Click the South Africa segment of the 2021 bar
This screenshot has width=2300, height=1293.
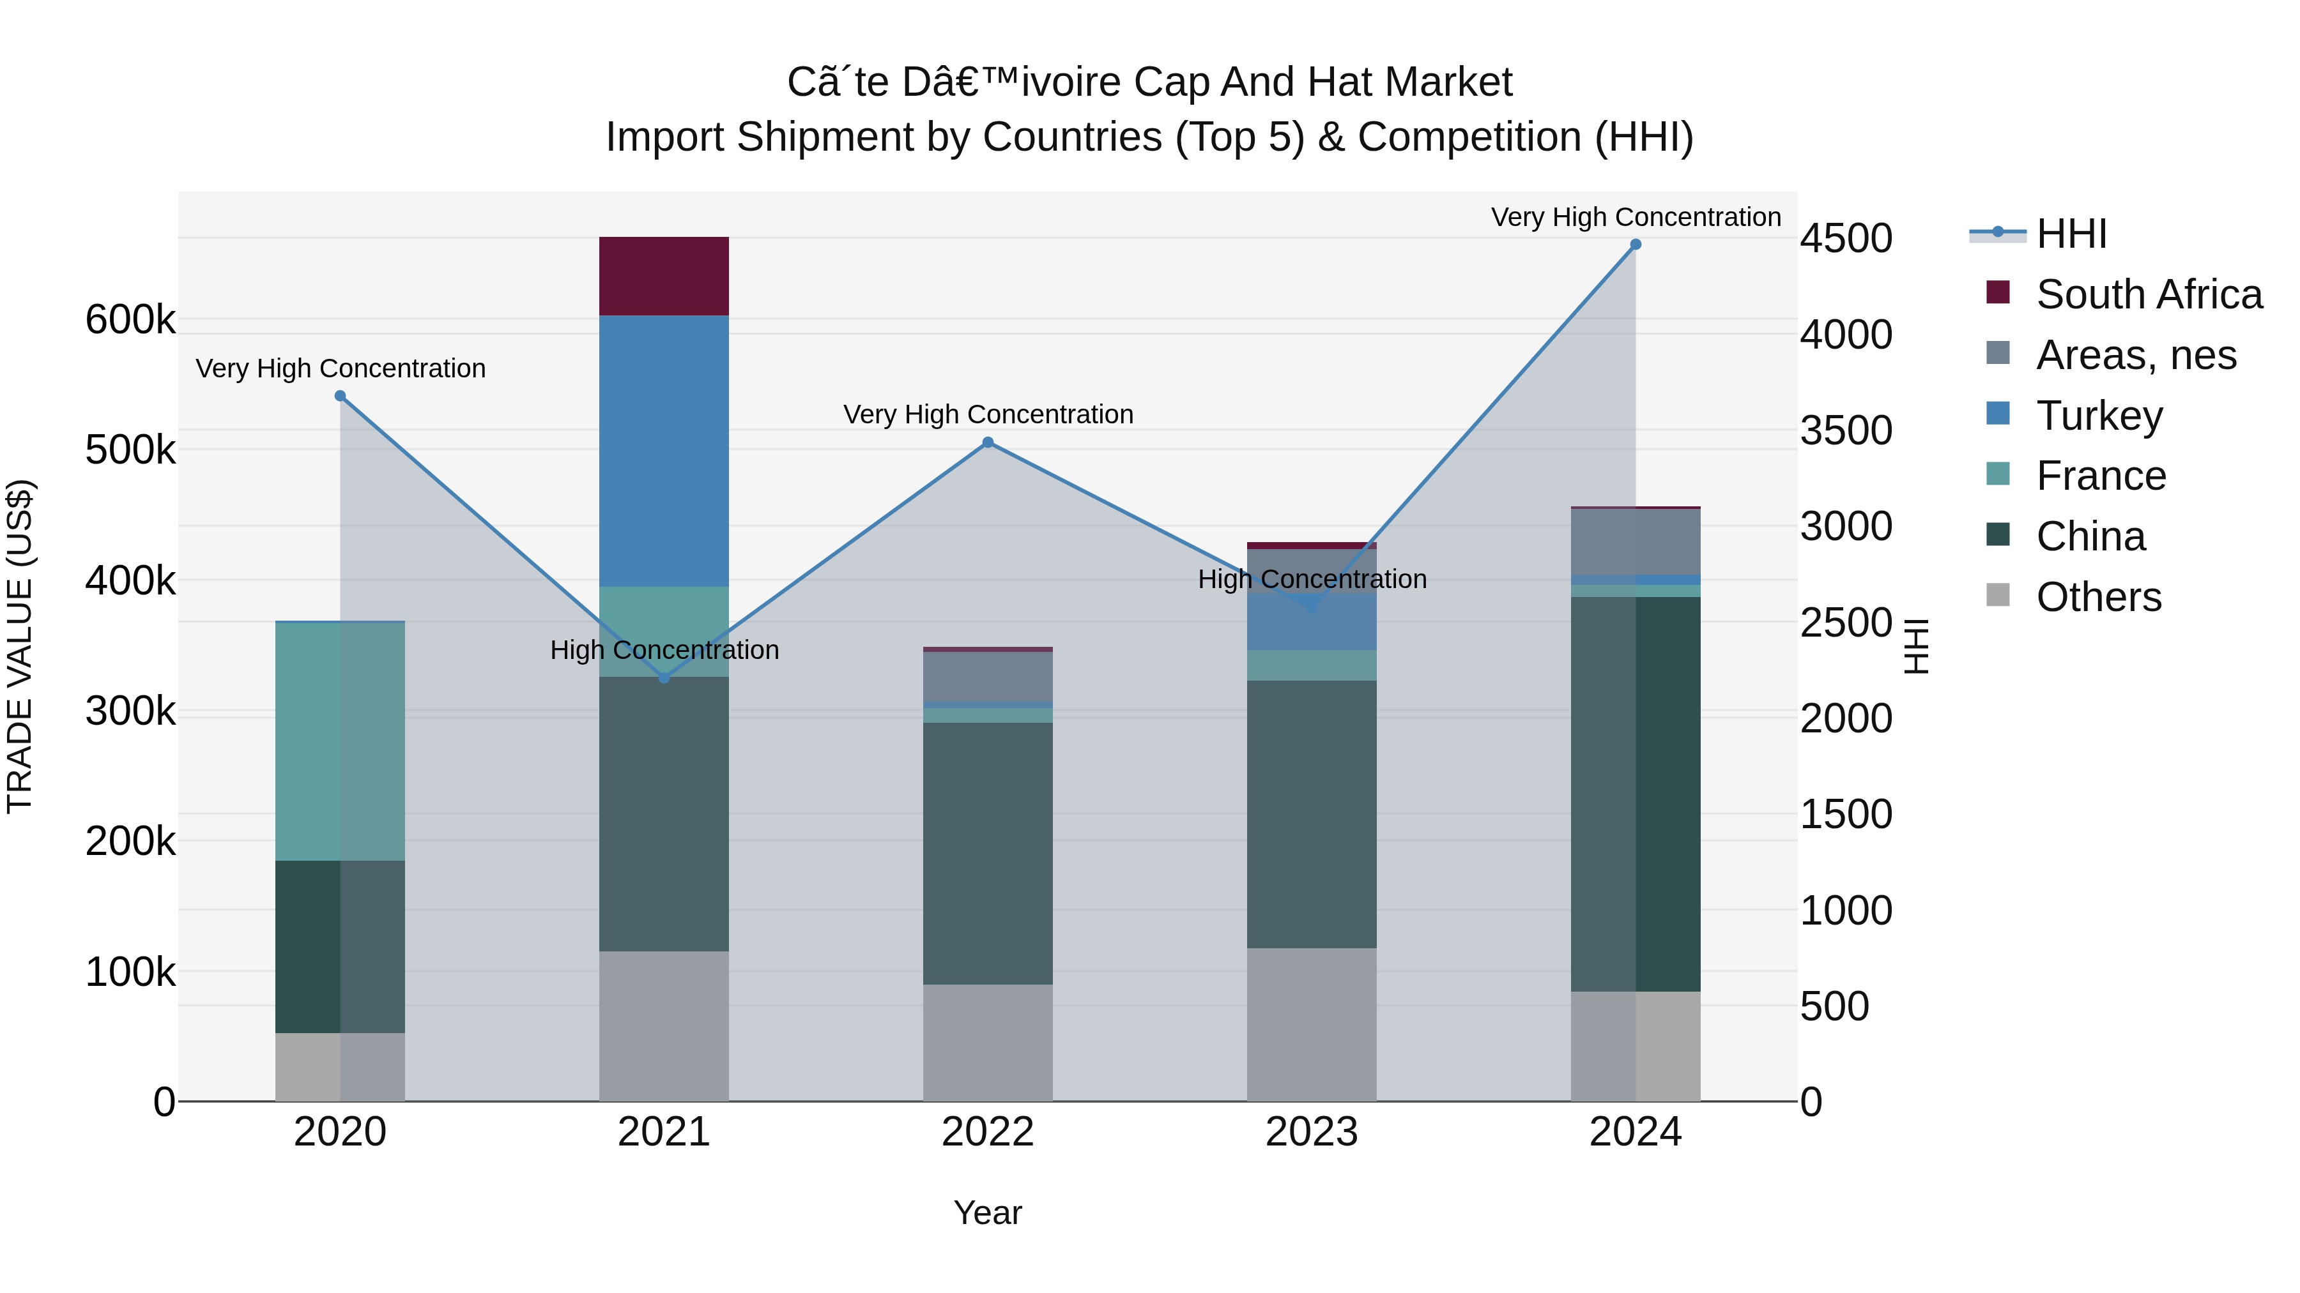pos(663,276)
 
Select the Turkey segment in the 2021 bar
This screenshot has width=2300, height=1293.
pos(663,451)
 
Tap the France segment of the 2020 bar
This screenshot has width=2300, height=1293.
pos(339,741)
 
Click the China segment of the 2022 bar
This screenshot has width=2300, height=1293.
pos(988,853)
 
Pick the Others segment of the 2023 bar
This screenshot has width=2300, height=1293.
pos(1311,1024)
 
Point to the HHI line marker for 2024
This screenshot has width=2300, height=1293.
pos(1635,245)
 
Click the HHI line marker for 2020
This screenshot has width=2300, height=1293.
pos(340,396)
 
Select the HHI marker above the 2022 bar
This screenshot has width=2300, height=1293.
pos(988,442)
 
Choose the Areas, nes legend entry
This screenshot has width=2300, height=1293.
pos(2135,355)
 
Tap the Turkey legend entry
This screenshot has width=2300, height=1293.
pos(2098,416)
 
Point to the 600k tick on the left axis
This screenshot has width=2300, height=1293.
pos(130,319)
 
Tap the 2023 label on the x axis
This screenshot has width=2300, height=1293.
pos(1311,1132)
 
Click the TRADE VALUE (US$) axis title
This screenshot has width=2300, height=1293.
pos(20,646)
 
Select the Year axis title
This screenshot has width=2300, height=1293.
pos(988,1213)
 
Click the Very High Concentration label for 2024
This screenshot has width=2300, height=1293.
pos(1635,217)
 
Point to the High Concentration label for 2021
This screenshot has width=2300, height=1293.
pos(663,649)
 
